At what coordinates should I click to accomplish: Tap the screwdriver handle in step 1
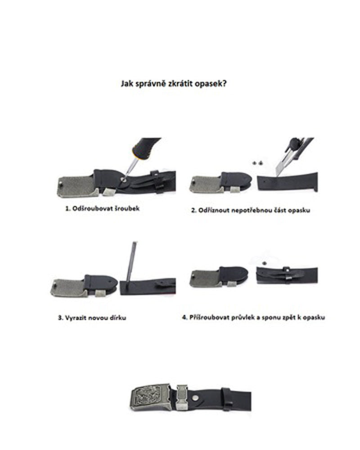(x=146, y=148)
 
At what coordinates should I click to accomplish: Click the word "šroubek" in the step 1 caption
(x=128, y=208)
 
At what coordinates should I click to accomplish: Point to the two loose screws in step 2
(x=258, y=163)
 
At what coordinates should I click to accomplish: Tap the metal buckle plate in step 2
(x=205, y=184)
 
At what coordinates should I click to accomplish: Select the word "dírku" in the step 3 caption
(x=118, y=318)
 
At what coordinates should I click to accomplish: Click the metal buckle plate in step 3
(x=68, y=288)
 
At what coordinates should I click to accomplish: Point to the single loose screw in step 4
(x=265, y=263)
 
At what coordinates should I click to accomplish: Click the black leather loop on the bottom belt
(x=227, y=396)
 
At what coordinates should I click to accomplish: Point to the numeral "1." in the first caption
(x=68, y=209)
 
